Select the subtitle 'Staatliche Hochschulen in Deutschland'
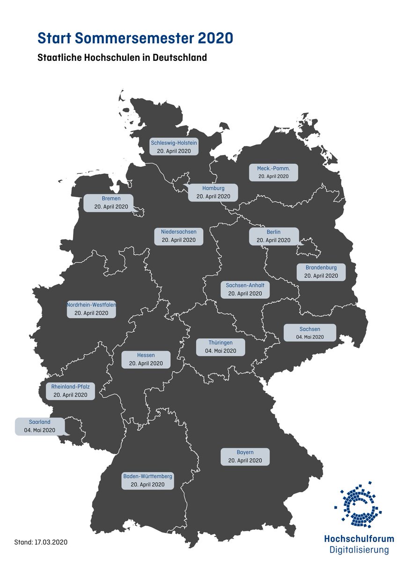click(x=122, y=58)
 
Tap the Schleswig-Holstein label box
click(x=174, y=147)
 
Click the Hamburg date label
click(x=213, y=197)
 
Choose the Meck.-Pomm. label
click(x=274, y=172)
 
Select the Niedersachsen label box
click(x=179, y=236)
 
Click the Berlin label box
click(x=273, y=236)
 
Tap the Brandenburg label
click(x=321, y=272)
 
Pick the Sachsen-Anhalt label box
click(x=245, y=289)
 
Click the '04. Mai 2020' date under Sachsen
click(x=310, y=337)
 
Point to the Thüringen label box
click(x=221, y=347)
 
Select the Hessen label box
click(x=146, y=359)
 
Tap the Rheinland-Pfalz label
click(x=71, y=391)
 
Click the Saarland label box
click(x=40, y=426)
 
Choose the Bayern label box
click(x=245, y=457)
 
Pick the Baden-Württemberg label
click(x=147, y=480)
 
